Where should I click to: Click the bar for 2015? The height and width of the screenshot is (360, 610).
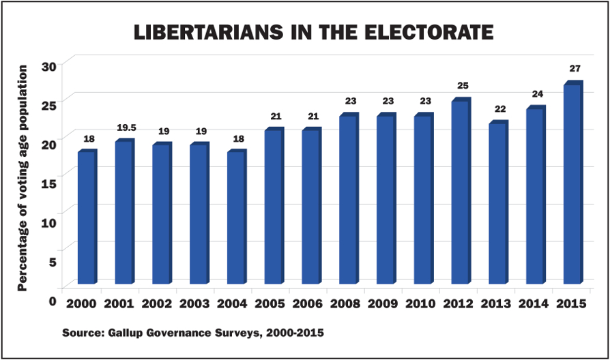(572, 184)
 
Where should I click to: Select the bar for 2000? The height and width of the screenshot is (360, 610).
(87, 217)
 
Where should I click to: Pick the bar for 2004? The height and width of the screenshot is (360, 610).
(236, 217)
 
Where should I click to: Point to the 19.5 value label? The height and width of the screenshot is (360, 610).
(125, 127)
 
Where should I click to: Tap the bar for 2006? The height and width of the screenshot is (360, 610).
(311, 207)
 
